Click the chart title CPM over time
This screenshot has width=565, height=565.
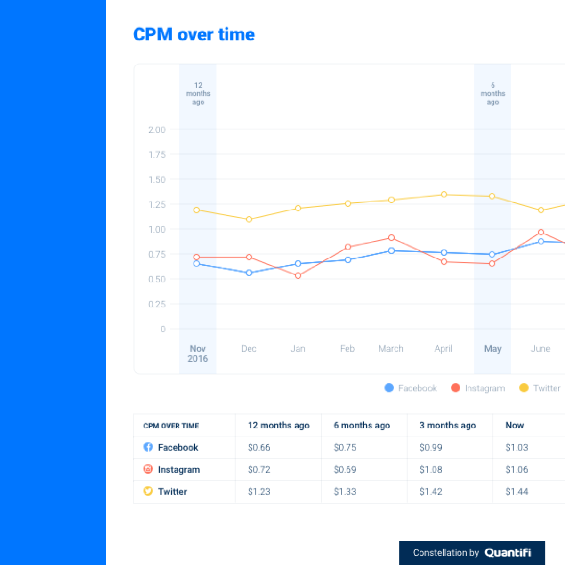(194, 35)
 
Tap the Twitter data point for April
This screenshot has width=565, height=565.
(444, 194)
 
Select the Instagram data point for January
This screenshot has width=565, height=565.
(298, 275)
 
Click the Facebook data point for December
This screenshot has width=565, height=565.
(249, 273)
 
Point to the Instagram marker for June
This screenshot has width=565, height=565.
(541, 232)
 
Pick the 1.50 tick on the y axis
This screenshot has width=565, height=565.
(157, 179)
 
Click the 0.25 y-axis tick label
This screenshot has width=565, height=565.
(157, 304)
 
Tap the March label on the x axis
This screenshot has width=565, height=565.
(391, 348)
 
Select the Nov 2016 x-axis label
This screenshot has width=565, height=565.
(198, 354)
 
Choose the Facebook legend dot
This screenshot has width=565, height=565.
(389, 388)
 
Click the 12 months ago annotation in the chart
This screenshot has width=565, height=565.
(198, 94)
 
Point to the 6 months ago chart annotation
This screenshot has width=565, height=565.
(492, 94)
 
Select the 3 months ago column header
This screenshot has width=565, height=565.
(448, 425)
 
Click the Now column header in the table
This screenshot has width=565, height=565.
(515, 425)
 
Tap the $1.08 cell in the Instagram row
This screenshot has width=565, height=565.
(431, 469)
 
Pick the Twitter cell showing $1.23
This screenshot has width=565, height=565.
(259, 492)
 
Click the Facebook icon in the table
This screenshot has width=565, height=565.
(148, 447)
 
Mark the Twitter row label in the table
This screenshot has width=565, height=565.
(172, 492)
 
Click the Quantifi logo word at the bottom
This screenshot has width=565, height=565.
(508, 553)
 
